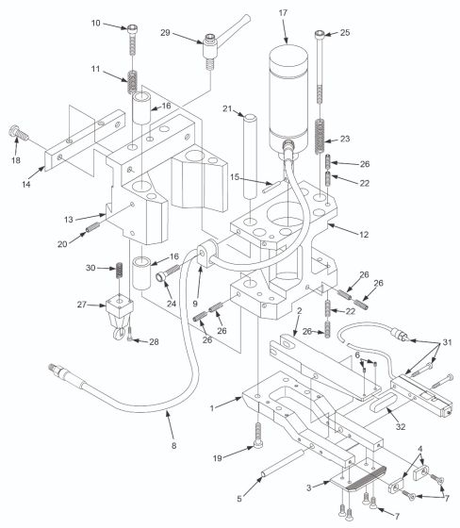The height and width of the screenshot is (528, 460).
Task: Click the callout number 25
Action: [x=345, y=33]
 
